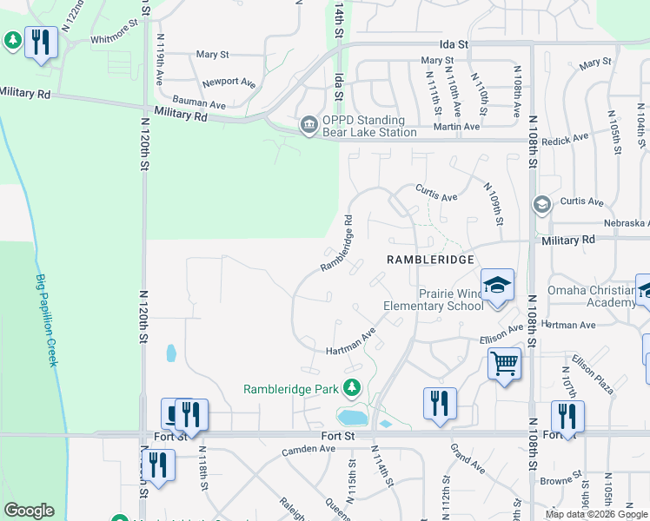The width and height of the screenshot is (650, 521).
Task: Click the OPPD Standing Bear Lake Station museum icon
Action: click(308, 126)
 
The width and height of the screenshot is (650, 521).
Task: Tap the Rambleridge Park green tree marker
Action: click(352, 388)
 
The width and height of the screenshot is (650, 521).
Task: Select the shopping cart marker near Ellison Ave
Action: click(504, 364)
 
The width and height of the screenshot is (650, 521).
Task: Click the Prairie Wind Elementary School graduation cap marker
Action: click(497, 286)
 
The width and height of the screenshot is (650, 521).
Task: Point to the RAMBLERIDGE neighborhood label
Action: click(430, 260)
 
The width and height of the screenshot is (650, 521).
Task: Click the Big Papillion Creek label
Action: click(47, 320)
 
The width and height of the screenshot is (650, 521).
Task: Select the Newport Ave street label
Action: click(228, 83)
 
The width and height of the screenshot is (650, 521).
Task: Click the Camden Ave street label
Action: click(308, 450)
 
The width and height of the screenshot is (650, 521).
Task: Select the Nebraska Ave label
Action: click(618, 223)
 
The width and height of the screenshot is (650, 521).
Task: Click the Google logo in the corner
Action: click(29, 511)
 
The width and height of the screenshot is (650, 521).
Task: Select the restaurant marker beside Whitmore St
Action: click(41, 42)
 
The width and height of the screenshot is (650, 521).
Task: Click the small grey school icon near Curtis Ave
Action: click(542, 204)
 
